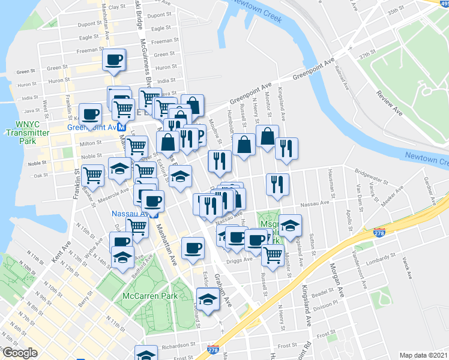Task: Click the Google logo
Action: pyautogui.click(x=19, y=353)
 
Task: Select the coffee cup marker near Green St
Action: pyautogui.click(x=113, y=59)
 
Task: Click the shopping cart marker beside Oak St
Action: pyautogui.click(x=93, y=175)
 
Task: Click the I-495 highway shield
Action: pyautogui.click(x=444, y=2)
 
